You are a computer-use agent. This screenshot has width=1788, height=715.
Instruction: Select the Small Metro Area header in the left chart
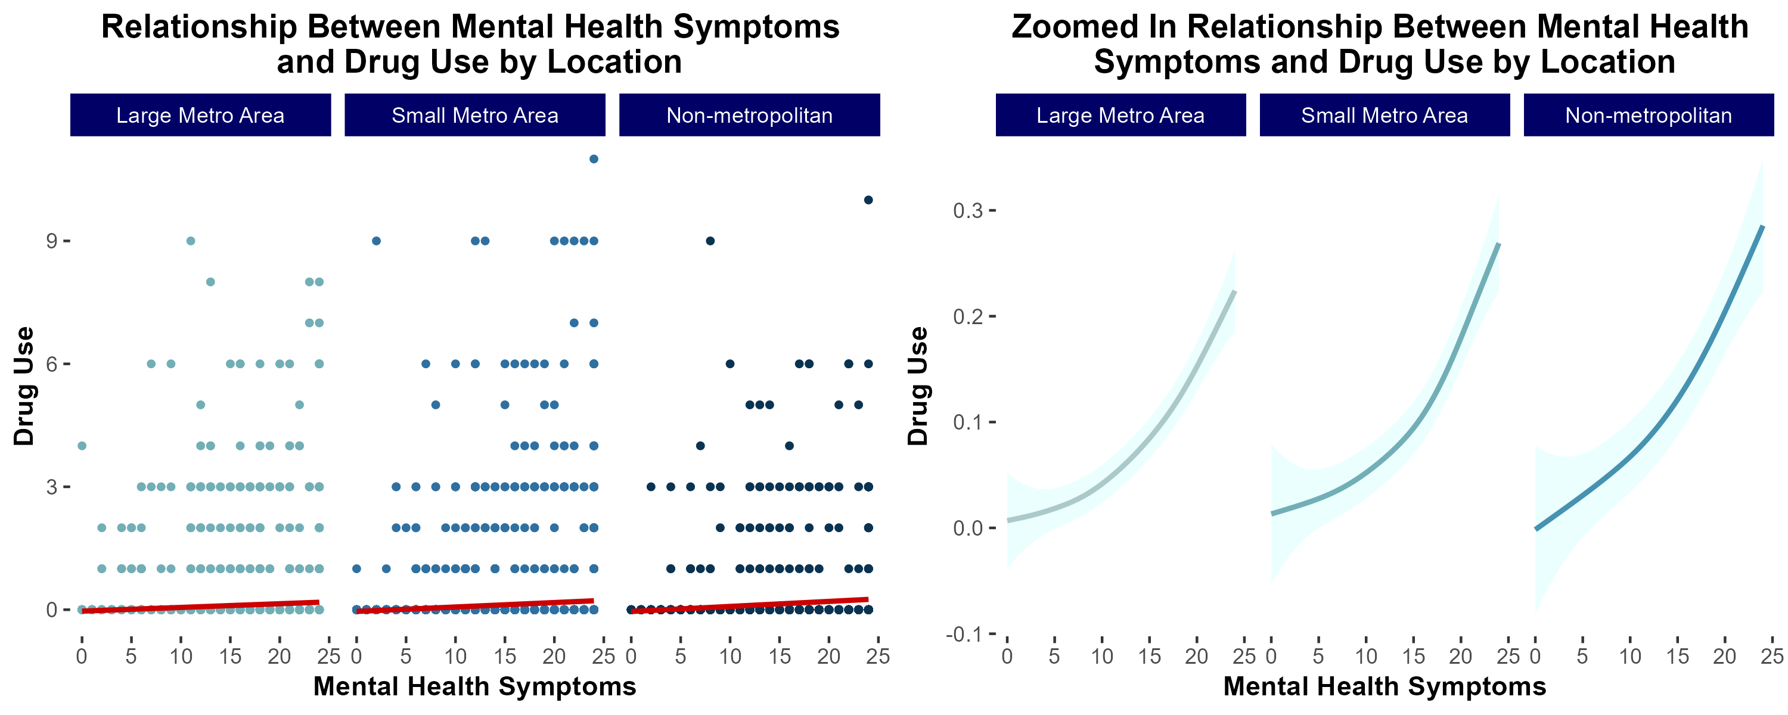(475, 115)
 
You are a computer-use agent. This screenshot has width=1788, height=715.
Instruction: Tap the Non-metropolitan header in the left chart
(749, 115)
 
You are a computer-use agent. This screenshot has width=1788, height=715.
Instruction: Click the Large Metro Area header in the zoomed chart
(1120, 115)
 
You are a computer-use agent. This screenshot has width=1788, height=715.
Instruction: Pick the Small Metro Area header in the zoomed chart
(1384, 115)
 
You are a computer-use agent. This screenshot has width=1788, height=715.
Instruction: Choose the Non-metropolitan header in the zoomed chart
(1648, 115)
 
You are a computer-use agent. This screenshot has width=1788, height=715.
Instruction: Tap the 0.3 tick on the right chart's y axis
(968, 210)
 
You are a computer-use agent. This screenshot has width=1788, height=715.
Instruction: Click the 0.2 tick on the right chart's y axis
(968, 316)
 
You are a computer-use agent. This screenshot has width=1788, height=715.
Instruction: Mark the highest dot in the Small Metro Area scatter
(594, 159)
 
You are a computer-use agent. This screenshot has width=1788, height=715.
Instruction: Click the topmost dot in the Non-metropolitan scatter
(868, 200)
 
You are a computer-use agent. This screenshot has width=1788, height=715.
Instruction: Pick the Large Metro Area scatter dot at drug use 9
(191, 241)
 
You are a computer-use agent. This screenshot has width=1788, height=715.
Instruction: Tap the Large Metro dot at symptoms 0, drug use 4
(82, 446)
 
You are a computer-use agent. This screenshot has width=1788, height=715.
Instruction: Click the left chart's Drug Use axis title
(24, 386)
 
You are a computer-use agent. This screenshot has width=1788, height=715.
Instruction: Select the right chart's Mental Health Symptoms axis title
(1384, 686)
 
